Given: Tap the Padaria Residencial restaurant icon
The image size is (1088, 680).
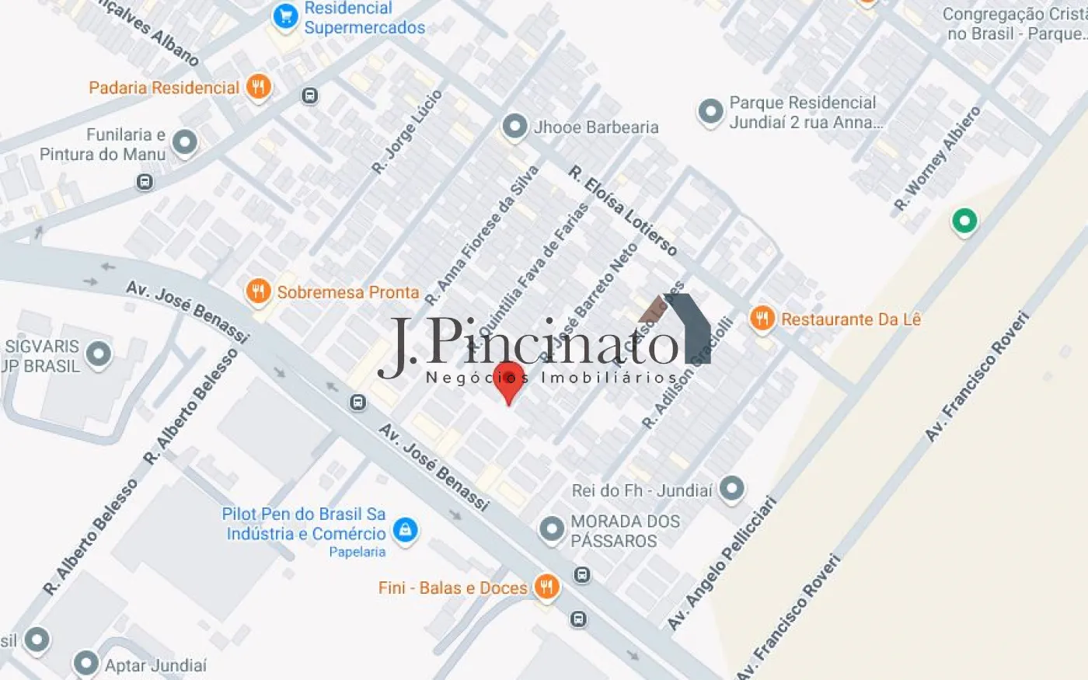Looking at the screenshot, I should pyautogui.click(x=259, y=87).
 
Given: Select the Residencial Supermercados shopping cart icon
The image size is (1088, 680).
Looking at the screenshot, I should pyautogui.click(x=285, y=16).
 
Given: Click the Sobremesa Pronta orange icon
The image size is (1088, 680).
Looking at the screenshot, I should pyautogui.click(x=258, y=291).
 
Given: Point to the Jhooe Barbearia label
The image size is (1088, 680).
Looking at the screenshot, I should pyautogui.click(x=596, y=127).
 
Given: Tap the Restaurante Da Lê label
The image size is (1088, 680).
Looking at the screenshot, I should pyautogui.click(x=851, y=319).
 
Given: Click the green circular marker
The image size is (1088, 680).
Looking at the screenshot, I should pyautogui.click(x=964, y=221).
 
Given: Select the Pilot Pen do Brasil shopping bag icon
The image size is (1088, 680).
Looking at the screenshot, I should pyautogui.click(x=404, y=531).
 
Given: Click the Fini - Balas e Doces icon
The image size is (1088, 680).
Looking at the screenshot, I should pyautogui.click(x=547, y=587).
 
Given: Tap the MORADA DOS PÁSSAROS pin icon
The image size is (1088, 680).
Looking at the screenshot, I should pyautogui.click(x=552, y=529).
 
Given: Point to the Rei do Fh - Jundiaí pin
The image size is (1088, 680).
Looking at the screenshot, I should pyautogui.click(x=731, y=489).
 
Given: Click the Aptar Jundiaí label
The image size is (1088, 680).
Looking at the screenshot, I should pyautogui.click(x=156, y=665).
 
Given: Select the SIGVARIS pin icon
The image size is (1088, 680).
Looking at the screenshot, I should pyautogui.click(x=99, y=354).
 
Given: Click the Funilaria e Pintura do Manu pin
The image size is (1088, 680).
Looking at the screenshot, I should pyautogui.click(x=184, y=142).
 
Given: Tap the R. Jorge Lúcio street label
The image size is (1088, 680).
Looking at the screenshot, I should pyautogui.click(x=406, y=131).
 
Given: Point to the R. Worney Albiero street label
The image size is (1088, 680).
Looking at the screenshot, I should pyautogui.click(x=937, y=159).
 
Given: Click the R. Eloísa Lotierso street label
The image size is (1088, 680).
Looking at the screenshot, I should pyautogui.click(x=622, y=210).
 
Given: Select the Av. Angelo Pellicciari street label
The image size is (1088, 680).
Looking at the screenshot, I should pyautogui.click(x=722, y=562).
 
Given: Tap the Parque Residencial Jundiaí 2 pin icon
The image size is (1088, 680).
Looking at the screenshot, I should pyautogui.click(x=710, y=112).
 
